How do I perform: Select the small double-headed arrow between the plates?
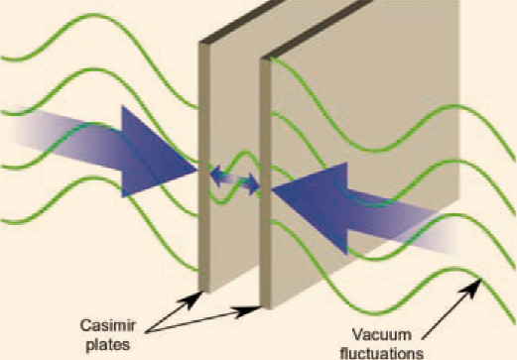point(235,180)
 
